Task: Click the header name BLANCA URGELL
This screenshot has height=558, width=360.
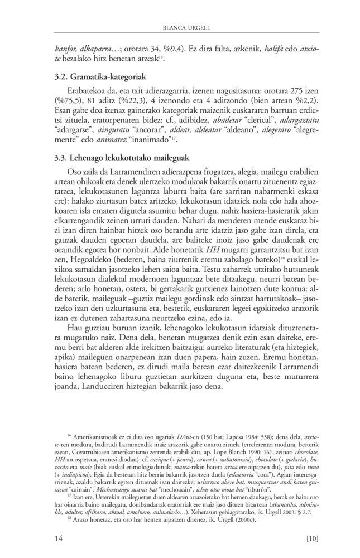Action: click(x=180, y=26)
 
